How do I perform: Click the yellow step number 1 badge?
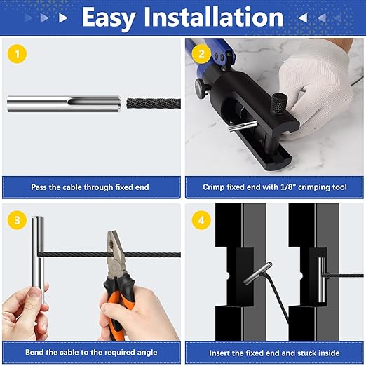(x=17, y=54)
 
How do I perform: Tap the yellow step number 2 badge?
(x=201, y=54)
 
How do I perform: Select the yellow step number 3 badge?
(x=17, y=220)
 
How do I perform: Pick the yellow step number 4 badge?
(x=201, y=220)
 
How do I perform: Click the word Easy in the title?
(x=109, y=18)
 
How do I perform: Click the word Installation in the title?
(x=214, y=17)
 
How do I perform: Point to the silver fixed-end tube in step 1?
(x=64, y=103)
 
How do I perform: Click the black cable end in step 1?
(x=154, y=103)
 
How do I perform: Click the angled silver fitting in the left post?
(x=257, y=273)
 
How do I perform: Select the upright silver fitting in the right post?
(x=322, y=279)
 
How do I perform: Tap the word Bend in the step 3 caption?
(x=34, y=352)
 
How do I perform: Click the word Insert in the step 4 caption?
(x=219, y=353)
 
